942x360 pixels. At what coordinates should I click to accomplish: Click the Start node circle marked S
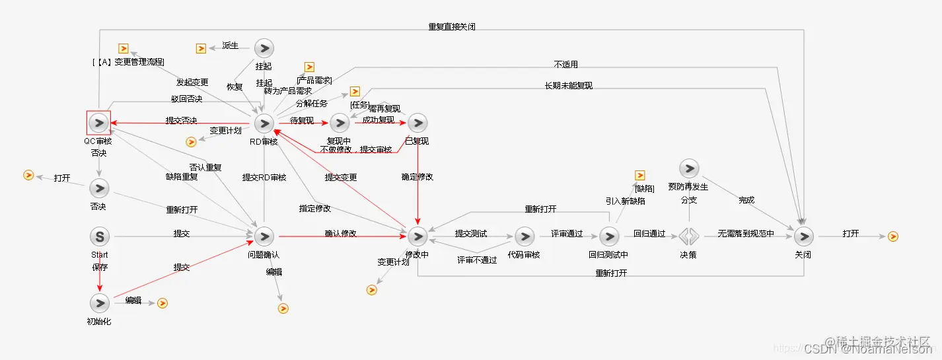pos(99,236)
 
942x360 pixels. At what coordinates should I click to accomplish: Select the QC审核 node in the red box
pos(98,123)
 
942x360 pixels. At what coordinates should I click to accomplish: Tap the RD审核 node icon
pos(264,123)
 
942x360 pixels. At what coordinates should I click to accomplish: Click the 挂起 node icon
pos(264,48)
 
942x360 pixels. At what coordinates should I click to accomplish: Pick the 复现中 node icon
pos(340,123)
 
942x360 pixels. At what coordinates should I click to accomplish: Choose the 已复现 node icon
pos(417,123)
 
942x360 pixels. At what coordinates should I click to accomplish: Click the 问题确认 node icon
pos(264,236)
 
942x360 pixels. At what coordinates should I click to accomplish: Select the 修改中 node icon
pos(417,236)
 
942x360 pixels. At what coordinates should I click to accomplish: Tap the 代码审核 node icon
pos(525,236)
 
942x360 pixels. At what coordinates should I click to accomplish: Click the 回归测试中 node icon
pos(608,236)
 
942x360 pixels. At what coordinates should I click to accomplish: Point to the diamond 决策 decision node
pos(688,236)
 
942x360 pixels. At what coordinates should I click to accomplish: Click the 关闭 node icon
pos(803,236)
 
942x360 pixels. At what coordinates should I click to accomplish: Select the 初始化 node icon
pos(99,303)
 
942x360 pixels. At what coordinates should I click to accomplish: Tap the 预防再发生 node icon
pos(688,168)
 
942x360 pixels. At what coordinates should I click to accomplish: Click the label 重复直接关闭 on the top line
pos(452,27)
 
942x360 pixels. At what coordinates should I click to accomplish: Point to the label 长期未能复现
pos(568,86)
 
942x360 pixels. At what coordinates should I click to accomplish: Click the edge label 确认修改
pos(341,233)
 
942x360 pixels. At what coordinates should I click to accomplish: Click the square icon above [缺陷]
pos(639,175)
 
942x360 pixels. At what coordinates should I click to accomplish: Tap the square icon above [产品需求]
pos(308,67)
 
